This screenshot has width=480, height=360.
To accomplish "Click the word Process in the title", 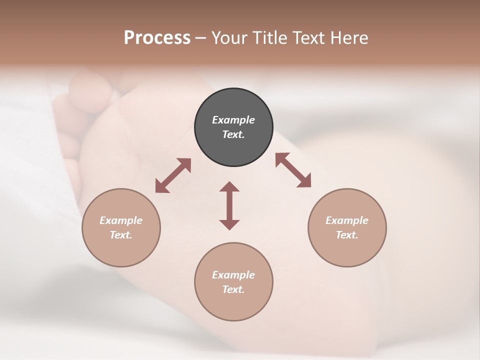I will click(x=157, y=38).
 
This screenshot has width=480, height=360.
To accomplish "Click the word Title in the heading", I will click(x=270, y=38).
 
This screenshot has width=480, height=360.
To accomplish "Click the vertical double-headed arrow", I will click(x=229, y=205).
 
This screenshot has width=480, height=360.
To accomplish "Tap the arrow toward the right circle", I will click(x=293, y=170).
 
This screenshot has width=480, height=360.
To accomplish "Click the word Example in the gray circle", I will click(x=233, y=120).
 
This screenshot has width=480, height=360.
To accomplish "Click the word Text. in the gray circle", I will click(x=233, y=134).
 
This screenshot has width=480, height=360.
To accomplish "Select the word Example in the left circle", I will click(x=121, y=220).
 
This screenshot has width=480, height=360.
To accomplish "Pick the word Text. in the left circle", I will click(x=121, y=235).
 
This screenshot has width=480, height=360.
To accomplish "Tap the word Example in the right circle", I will click(x=347, y=220).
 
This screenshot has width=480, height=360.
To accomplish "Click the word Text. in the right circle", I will click(x=347, y=235).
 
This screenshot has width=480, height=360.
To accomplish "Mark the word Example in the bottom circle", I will click(x=233, y=275).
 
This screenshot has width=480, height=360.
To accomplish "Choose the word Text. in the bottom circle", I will click(x=233, y=289).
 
